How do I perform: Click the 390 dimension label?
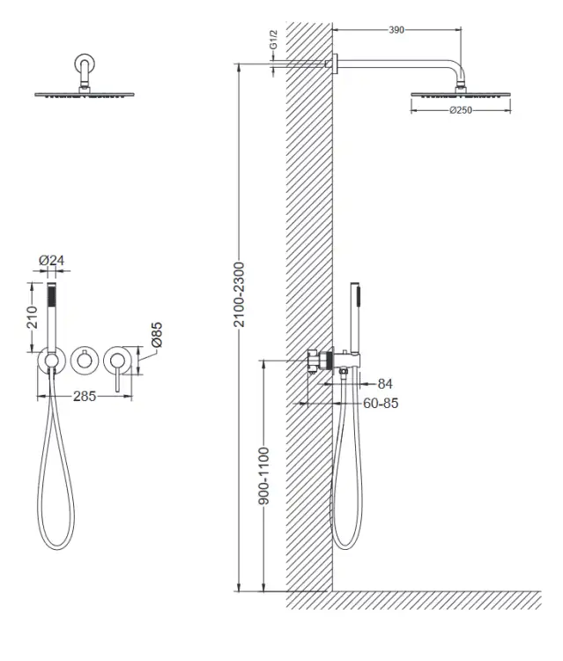[x=396, y=30]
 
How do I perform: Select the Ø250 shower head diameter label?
[x=461, y=110]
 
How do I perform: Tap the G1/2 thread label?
[x=273, y=40]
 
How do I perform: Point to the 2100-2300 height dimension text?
[x=239, y=294]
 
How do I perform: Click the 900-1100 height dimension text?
[x=263, y=476]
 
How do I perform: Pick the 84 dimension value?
[x=385, y=383]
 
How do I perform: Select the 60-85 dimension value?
[x=381, y=404]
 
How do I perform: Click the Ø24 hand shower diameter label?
[x=51, y=261]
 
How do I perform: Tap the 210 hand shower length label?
[x=32, y=317]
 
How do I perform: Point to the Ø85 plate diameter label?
[x=156, y=334]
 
